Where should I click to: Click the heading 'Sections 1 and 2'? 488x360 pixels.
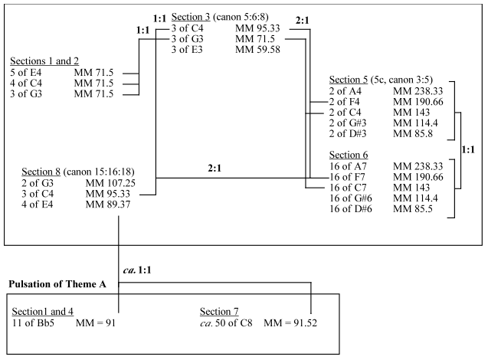point(44,61)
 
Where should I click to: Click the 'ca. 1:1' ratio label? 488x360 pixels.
point(141,271)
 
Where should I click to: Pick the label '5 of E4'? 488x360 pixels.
point(28,72)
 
